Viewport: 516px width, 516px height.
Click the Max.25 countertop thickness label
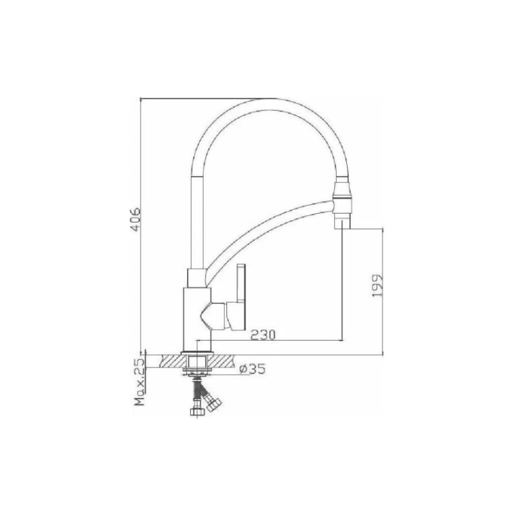[x=137, y=384]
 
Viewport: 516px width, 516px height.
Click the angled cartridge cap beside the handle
[x=216, y=315]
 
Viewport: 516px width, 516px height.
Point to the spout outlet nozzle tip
[x=342, y=222]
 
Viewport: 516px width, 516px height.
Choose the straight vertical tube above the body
[x=197, y=219]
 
